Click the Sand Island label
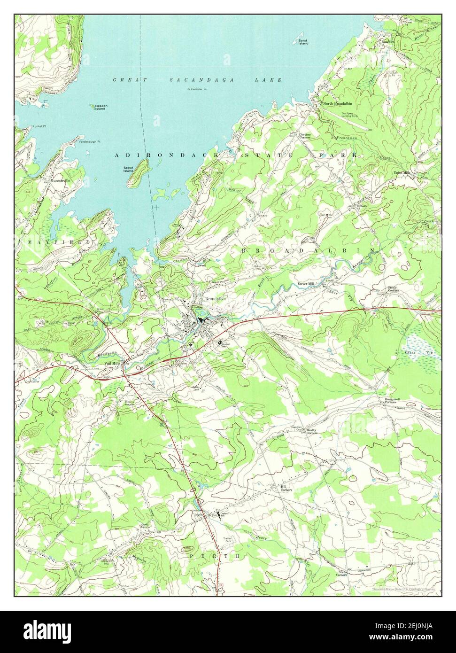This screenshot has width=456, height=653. coord(303,42)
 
